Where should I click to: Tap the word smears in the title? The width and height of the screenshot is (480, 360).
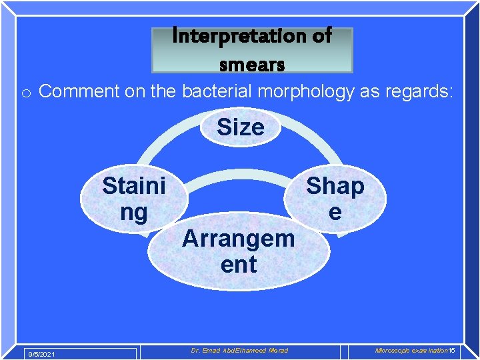[252, 65]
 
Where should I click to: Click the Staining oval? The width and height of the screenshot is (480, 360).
[133, 199]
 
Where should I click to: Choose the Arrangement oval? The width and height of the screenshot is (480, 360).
[238, 251]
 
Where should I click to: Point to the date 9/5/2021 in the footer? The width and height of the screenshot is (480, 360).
[41, 353]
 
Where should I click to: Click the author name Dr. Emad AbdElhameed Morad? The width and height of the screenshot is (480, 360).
[239, 351]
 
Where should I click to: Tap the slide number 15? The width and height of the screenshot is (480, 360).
[451, 351]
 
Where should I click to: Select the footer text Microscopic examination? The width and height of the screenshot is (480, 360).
[411, 351]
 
